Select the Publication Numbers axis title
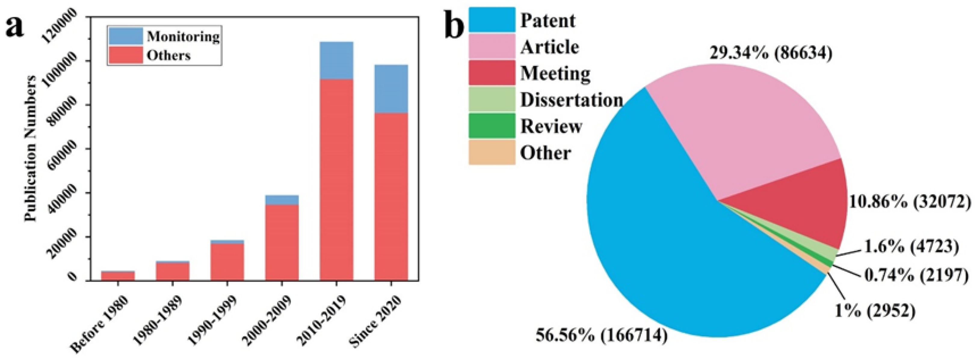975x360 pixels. pyautogui.click(x=31, y=148)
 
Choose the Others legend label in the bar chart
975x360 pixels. pyautogui.click(x=168, y=56)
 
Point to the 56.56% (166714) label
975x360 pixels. pyautogui.click(x=601, y=335)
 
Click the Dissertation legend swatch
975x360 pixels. pyautogui.click(x=492, y=99)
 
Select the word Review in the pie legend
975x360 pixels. pyautogui.click(x=551, y=126)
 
